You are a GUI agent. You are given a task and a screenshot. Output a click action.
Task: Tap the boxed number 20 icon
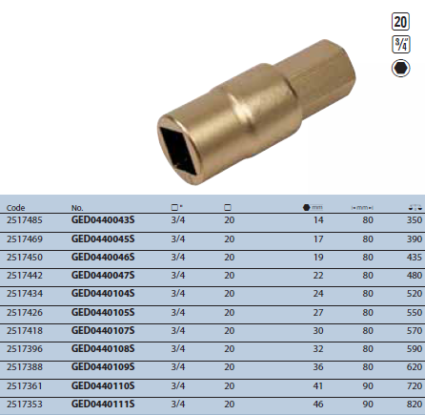click(x=400, y=22)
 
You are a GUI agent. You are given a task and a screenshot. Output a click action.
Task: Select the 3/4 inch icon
click(x=401, y=44)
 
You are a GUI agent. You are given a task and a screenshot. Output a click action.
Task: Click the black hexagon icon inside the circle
click(x=400, y=68)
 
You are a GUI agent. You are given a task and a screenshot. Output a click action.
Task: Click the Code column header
click(x=15, y=208)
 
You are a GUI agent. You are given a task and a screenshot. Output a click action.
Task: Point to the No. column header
click(x=77, y=208)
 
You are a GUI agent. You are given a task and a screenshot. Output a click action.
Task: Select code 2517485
click(x=25, y=220)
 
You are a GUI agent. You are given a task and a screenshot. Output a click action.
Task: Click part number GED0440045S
click(x=103, y=239)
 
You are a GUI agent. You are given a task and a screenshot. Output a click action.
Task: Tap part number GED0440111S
click(x=103, y=405)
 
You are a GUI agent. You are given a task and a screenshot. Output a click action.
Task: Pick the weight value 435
click(x=415, y=258)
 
